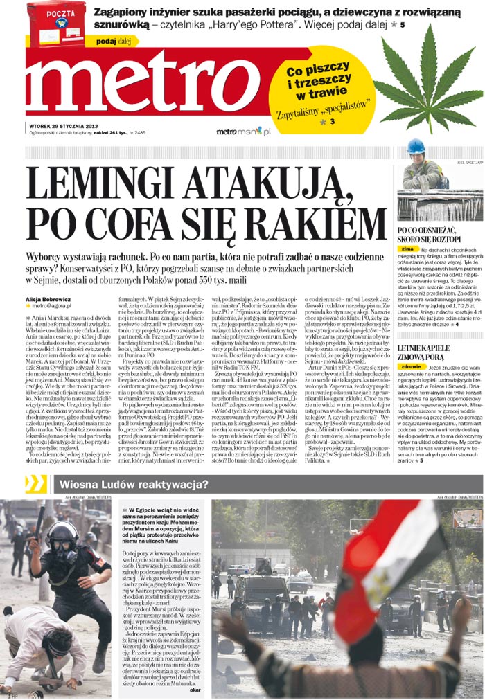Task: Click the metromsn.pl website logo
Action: (242, 131)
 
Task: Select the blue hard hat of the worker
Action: (416, 147)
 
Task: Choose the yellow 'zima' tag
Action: (407, 248)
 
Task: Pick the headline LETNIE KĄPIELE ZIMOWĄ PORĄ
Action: (423, 354)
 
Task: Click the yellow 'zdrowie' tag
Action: (412, 368)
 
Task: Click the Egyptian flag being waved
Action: (388, 561)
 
